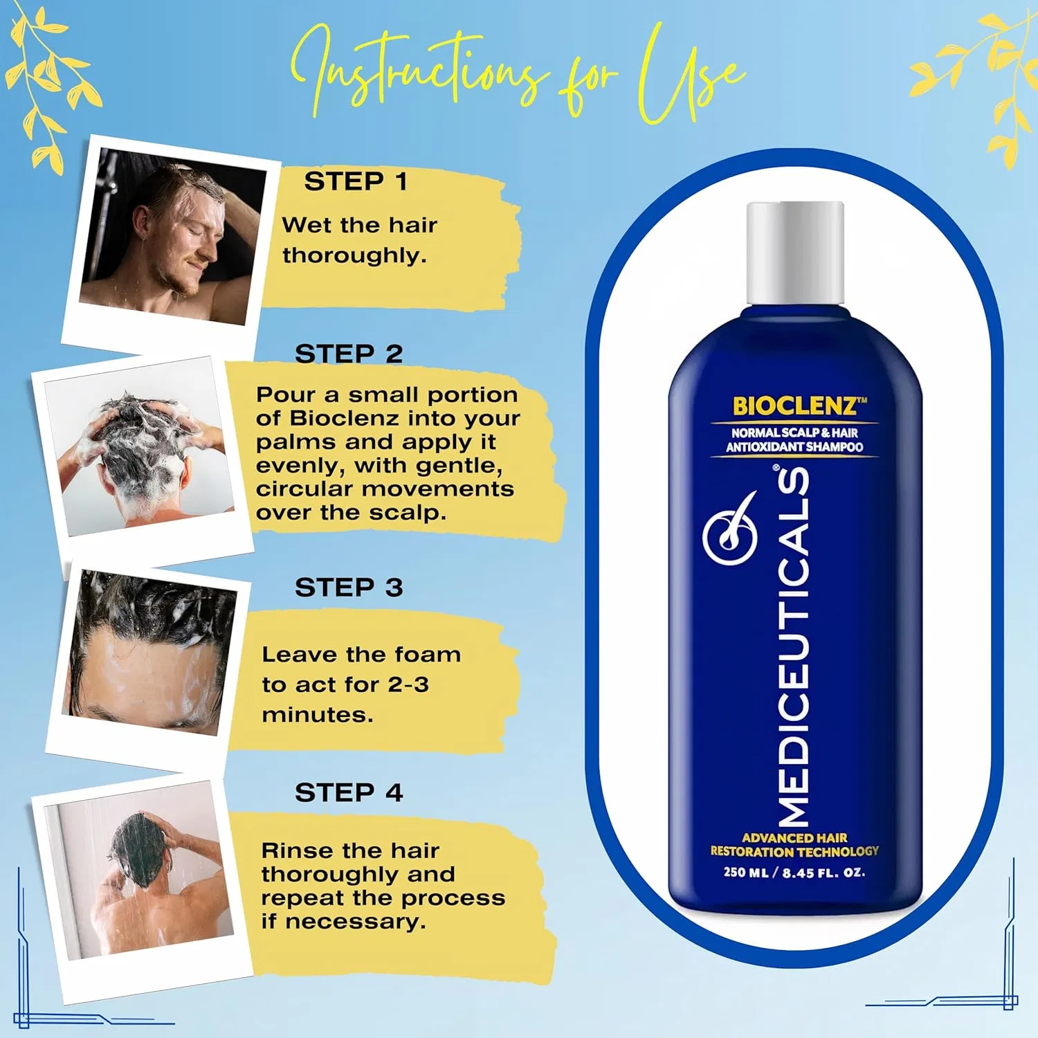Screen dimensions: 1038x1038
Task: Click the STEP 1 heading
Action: (356, 181)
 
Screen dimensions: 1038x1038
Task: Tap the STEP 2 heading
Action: (349, 354)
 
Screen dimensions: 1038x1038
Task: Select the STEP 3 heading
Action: (349, 588)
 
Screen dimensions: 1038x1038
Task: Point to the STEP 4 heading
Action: (349, 792)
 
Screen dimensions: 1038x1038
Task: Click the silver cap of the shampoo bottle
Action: (795, 253)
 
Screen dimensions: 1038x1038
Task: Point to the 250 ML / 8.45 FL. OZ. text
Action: (794, 873)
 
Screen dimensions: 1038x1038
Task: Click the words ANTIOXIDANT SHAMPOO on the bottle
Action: (794, 447)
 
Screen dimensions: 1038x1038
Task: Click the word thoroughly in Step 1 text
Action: (354, 256)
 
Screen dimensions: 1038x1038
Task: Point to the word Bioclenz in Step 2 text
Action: (344, 418)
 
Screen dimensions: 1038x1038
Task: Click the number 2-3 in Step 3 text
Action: (408, 684)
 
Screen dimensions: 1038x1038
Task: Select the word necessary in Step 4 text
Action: (356, 922)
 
